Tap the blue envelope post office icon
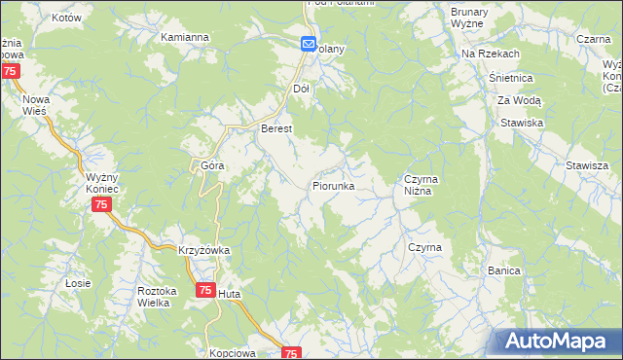pos(308,44)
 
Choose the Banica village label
pos(504,270)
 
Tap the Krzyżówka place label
pos(203,250)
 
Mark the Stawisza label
pos(586,165)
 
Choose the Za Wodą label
pos(520,100)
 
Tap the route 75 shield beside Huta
pos(204,290)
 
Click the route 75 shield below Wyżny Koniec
pos(101,204)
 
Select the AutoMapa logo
pos(556,341)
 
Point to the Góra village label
pos(212,165)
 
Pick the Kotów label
pos(38,18)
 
